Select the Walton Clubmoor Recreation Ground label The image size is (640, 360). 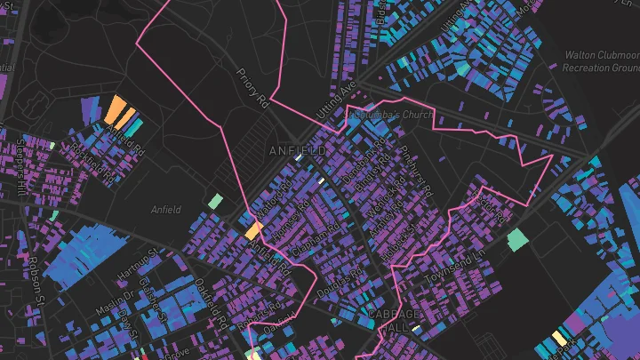[602, 61]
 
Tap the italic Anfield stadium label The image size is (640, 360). [166, 210]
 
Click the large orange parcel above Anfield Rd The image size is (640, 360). [116, 110]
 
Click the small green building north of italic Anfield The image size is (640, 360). [215, 202]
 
